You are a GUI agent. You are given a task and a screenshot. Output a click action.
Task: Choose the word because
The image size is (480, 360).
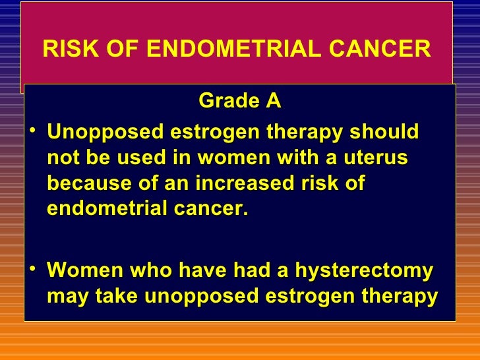(88, 184)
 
